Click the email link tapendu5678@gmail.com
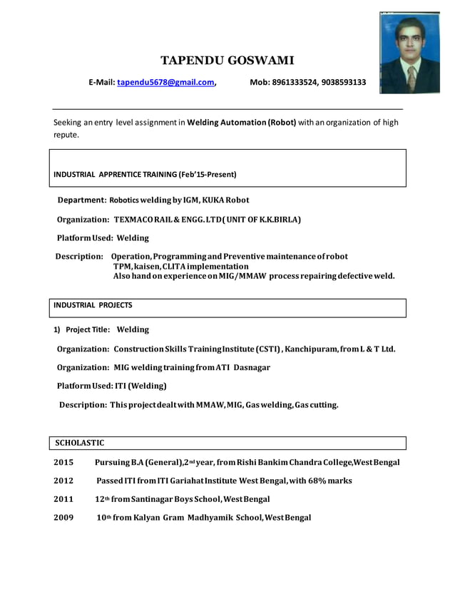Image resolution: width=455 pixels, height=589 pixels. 166,83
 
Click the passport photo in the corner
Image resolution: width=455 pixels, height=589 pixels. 409,53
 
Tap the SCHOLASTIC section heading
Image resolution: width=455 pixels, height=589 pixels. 80,443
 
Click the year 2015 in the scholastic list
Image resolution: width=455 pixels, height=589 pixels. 63,462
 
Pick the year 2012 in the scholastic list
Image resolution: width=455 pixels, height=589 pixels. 63,481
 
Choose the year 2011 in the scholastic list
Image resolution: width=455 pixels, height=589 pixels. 63,499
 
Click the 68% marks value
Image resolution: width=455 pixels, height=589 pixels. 327,481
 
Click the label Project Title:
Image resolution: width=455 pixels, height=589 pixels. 88,329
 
